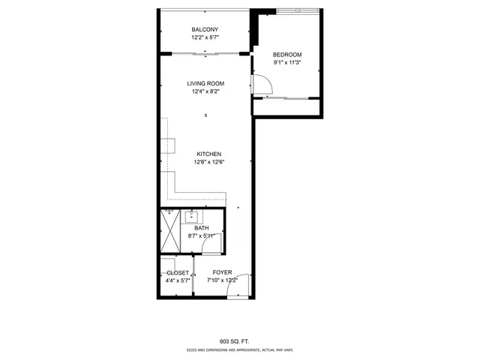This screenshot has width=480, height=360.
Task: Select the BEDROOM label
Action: (287, 55)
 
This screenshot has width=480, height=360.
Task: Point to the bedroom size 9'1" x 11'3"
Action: (287, 63)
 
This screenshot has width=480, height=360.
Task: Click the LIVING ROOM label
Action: (205, 83)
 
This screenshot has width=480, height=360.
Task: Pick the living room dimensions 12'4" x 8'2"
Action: (205, 91)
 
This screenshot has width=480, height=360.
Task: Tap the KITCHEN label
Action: (208, 154)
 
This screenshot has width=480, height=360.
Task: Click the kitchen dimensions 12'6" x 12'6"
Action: (209, 162)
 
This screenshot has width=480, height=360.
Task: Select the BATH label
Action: (202, 228)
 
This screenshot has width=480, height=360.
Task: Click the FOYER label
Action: (222, 272)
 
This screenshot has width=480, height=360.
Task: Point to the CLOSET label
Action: (177, 273)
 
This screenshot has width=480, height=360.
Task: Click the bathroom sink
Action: (190, 217)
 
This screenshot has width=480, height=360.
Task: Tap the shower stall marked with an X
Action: (171, 232)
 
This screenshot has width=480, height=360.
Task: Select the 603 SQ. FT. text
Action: (239, 340)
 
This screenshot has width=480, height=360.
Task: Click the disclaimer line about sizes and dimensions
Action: (239, 350)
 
